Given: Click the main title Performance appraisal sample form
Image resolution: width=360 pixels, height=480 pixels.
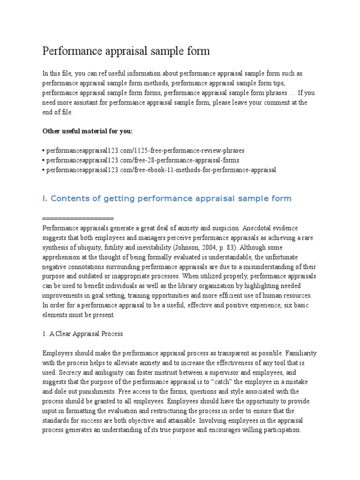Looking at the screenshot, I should tap(126, 51).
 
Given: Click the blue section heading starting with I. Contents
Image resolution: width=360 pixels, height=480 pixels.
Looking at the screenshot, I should tap(167, 199).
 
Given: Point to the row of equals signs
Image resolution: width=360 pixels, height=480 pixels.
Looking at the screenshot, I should tap(78, 218).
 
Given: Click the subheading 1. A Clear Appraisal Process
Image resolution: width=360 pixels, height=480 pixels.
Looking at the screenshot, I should tap(82, 334).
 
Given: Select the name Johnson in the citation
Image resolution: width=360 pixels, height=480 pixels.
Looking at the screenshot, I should tap(186, 247).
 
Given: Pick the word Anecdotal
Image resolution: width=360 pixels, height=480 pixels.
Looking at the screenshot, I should tap(259, 228).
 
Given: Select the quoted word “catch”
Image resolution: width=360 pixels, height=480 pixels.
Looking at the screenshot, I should tap(225, 382).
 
